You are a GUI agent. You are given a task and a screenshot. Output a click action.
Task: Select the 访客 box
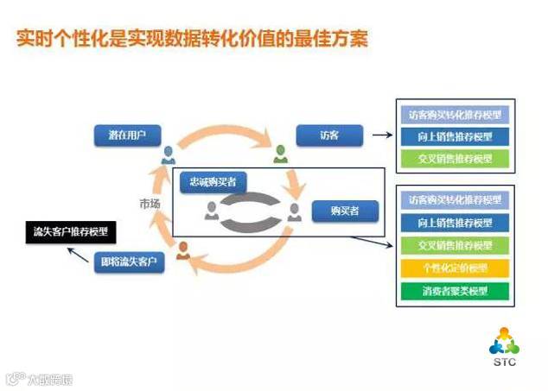coord(328,136)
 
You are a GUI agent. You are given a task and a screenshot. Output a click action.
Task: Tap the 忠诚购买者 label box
coord(213,181)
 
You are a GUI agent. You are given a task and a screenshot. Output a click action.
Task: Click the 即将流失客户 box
coord(130,261)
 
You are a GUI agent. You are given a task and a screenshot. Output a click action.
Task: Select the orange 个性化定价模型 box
coord(454,268)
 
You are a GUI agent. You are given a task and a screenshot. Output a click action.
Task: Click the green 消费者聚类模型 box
coord(454,290)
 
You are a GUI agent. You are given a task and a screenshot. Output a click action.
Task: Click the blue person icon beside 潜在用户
coord(168,155)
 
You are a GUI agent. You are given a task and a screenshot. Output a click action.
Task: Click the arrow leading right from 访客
coord(380,135)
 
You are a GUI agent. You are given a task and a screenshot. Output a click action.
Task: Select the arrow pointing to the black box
coord(80,254)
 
